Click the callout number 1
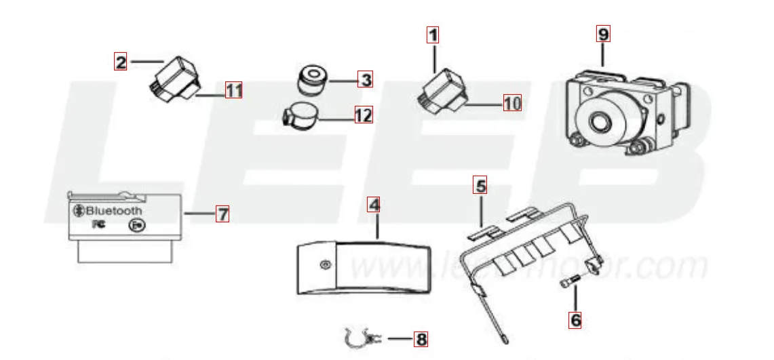coord(433,33)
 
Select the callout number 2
coord(121,62)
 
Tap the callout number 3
coord(366,80)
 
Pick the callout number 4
coord(374,204)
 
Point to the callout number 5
coord(480,184)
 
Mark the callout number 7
coord(222,214)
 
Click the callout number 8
coord(421,338)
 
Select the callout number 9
coord(603,33)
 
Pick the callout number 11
coord(233,89)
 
